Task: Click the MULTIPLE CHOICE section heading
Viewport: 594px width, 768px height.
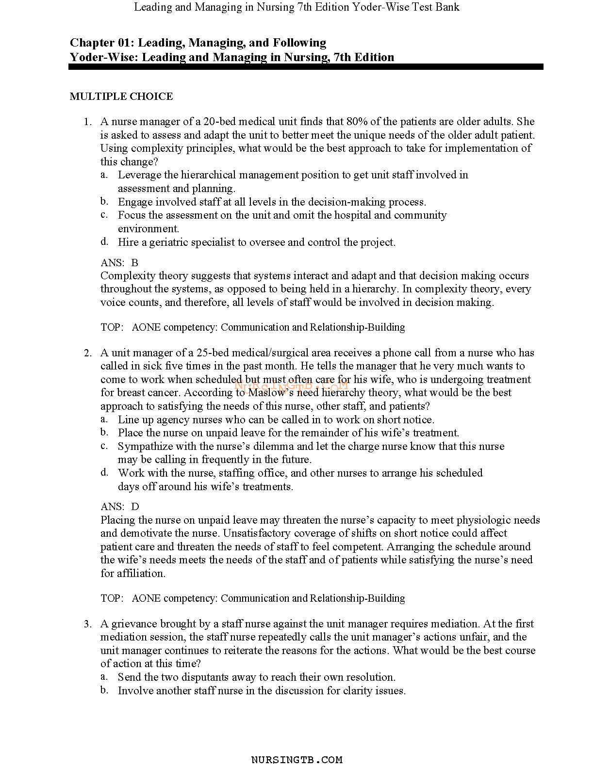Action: [121, 96]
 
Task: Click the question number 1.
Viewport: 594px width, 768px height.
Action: [87, 122]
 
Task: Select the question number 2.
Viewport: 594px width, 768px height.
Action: [87, 353]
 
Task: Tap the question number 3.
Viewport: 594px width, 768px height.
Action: [87, 624]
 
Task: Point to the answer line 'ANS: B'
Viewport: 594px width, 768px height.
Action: [119, 263]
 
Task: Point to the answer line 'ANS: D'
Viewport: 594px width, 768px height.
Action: [120, 507]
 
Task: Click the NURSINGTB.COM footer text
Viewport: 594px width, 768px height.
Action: [297, 760]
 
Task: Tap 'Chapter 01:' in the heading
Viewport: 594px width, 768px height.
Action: [98, 43]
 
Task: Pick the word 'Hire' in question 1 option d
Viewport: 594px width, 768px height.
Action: [128, 242]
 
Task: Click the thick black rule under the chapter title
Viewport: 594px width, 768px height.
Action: [306, 67]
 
